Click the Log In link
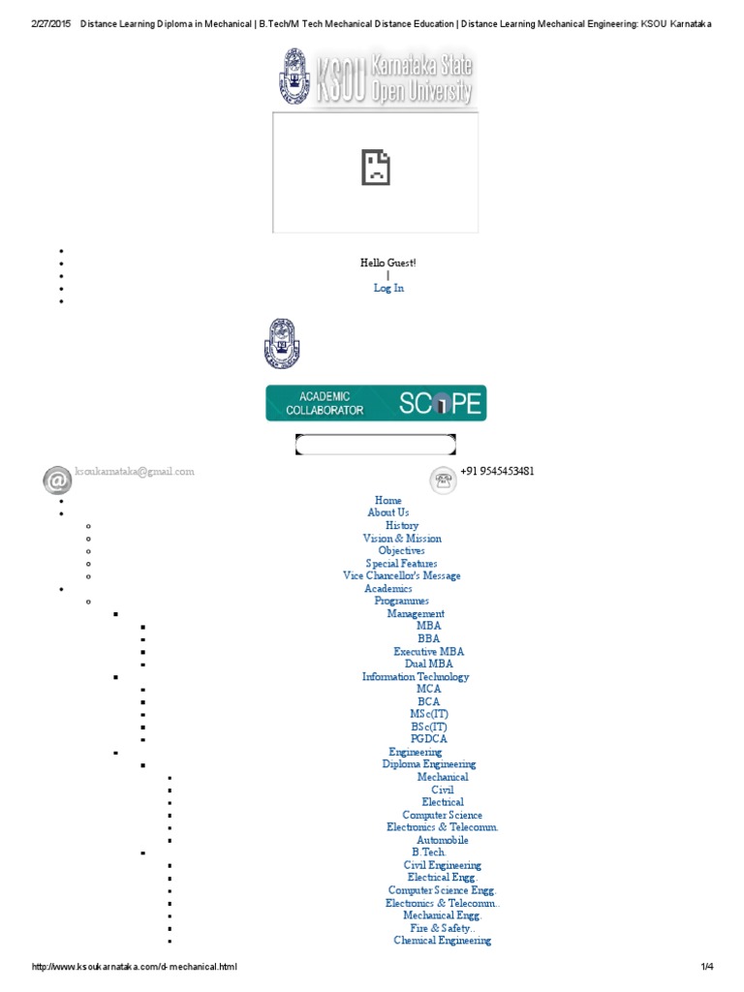[x=388, y=288]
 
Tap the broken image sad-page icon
[x=375, y=168]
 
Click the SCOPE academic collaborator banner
[x=376, y=403]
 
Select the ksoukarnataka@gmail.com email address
[x=135, y=472]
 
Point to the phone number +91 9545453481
[x=497, y=472]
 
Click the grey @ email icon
[x=57, y=480]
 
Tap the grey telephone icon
[x=445, y=480]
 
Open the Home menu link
[x=387, y=501]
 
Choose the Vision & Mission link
[x=401, y=539]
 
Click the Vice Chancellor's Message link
[x=401, y=576]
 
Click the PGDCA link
[x=428, y=739]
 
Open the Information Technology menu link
[x=415, y=677]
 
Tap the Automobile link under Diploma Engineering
[x=442, y=841]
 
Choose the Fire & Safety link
[x=442, y=928]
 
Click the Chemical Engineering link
[x=442, y=941]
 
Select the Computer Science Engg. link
[x=442, y=890]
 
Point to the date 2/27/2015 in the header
[x=49, y=23]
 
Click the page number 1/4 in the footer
[x=706, y=967]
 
